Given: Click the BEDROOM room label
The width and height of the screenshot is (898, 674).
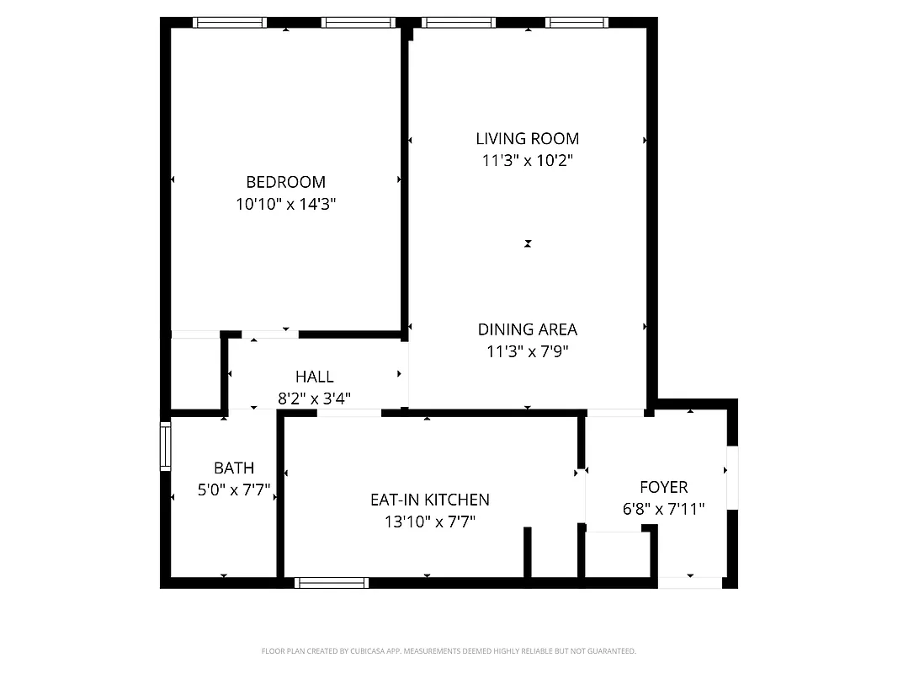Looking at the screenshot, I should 285,182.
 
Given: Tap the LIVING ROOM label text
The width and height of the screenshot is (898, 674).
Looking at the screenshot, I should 528,139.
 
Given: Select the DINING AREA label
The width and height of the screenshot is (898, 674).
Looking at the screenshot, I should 528,329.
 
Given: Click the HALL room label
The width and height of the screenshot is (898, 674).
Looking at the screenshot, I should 314,377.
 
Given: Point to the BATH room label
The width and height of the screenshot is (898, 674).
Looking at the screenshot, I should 233,468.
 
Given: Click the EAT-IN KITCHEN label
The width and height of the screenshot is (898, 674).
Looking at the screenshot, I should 430,500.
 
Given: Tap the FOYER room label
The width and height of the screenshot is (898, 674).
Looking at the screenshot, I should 663,487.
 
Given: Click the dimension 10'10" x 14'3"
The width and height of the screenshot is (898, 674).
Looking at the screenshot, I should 285,204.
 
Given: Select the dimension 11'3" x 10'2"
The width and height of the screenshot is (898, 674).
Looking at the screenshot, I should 528,161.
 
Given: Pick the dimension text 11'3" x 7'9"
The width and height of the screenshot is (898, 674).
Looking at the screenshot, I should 528,351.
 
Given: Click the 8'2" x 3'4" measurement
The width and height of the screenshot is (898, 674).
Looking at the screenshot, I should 314,399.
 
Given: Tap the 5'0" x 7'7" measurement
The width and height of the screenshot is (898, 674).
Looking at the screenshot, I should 233,490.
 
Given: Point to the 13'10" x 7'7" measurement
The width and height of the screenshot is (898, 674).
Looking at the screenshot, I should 430,522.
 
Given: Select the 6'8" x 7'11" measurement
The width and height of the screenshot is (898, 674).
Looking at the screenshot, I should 663,509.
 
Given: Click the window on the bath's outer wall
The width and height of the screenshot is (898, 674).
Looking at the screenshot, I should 166,448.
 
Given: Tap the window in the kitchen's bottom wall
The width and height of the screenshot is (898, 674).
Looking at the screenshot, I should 332,582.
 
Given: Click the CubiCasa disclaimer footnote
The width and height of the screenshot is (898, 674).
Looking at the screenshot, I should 449,651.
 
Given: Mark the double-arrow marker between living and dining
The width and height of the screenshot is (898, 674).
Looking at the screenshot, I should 528,243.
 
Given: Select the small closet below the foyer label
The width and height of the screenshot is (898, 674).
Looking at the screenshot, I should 617,554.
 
